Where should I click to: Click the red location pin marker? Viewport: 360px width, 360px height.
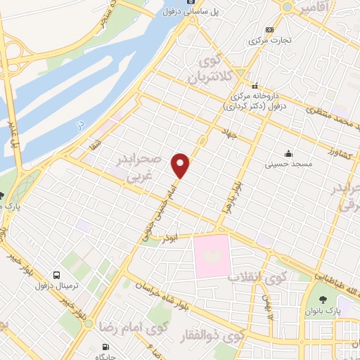pos(181,165)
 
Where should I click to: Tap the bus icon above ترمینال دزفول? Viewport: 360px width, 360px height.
pos(56,275)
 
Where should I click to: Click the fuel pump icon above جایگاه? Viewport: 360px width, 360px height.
pos(105,346)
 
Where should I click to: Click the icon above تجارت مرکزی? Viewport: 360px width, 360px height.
pos(270,30)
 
